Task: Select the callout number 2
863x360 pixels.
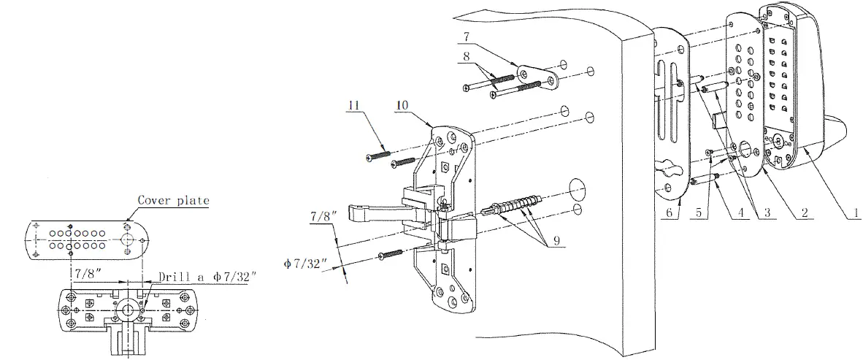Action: [x=804, y=212]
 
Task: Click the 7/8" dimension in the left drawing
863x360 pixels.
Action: [x=85, y=272]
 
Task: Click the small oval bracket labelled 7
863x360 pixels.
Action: [x=539, y=77]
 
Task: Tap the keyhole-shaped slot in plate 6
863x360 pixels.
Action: [x=670, y=165]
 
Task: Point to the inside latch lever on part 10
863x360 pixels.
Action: [x=369, y=212]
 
